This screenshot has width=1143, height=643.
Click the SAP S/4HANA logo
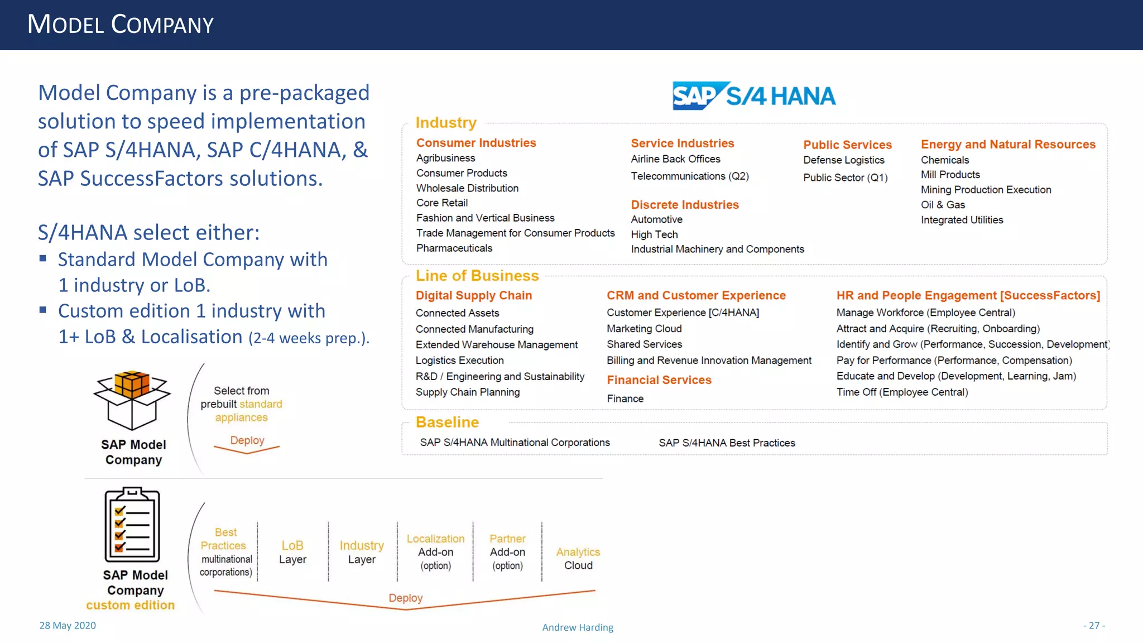(x=753, y=96)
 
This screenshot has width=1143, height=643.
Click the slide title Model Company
(x=121, y=25)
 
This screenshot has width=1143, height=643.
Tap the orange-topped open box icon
(x=132, y=400)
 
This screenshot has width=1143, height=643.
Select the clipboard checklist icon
(x=132, y=525)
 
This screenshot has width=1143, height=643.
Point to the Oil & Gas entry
(x=943, y=205)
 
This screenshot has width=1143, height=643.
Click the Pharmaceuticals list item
(x=454, y=248)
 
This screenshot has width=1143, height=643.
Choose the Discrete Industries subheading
(x=685, y=205)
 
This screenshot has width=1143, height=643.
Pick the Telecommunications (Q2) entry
(x=690, y=176)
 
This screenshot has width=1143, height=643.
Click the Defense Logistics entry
(x=844, y=160)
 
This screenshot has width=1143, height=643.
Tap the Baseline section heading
(x=447, y=422)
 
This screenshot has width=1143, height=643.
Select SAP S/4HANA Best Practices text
(x=727, y=443)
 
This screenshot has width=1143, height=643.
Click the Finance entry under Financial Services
(x=625, y=399)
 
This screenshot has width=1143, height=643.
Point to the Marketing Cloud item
(x=644, y=329)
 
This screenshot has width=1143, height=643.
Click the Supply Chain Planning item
(x=468, y=392)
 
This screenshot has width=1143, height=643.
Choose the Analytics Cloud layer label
(x=578, y=559)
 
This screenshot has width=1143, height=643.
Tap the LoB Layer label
(x=292, y=553)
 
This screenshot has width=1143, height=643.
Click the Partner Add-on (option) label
(x=507, y=552)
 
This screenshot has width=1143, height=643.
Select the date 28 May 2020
(x=68, y=626)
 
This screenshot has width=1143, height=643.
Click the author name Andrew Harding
(x=578, y=627)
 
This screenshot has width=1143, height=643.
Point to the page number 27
(x=1094, y=626)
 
